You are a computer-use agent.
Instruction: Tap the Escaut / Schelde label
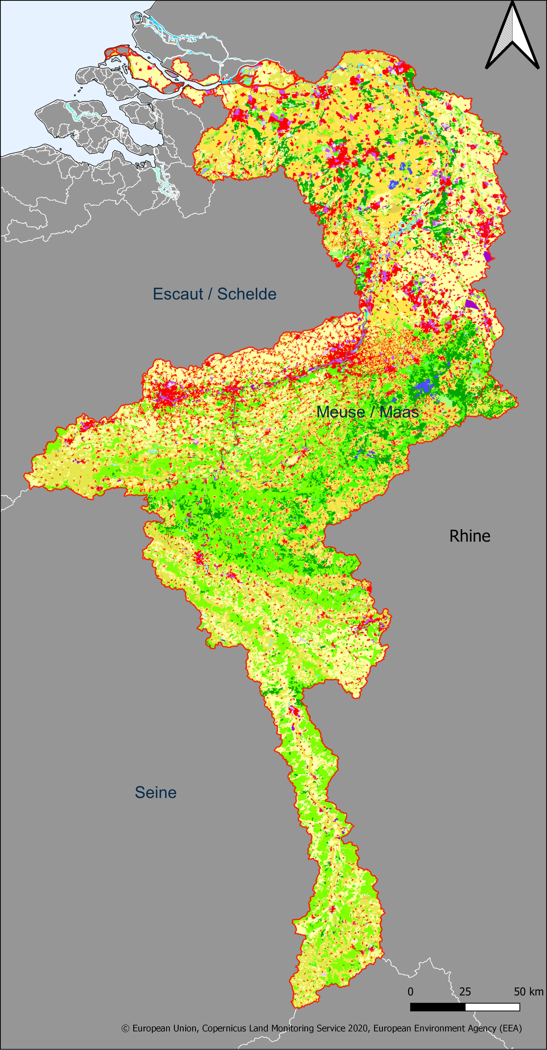click(x=215, y=294)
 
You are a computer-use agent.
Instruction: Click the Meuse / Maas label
click(x=367, y=412)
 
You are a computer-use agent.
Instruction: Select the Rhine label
click(x=469, y=536)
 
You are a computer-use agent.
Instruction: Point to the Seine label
click(x=156, y=792)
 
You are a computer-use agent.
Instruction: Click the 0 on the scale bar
click(x=410, y=992)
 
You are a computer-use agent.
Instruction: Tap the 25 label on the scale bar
click(x=465, y=992)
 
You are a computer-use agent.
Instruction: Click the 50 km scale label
click(x=528, y=992)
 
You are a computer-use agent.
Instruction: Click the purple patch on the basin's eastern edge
click(x=471, y=304)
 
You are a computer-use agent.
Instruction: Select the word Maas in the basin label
click(x=399, y=412)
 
